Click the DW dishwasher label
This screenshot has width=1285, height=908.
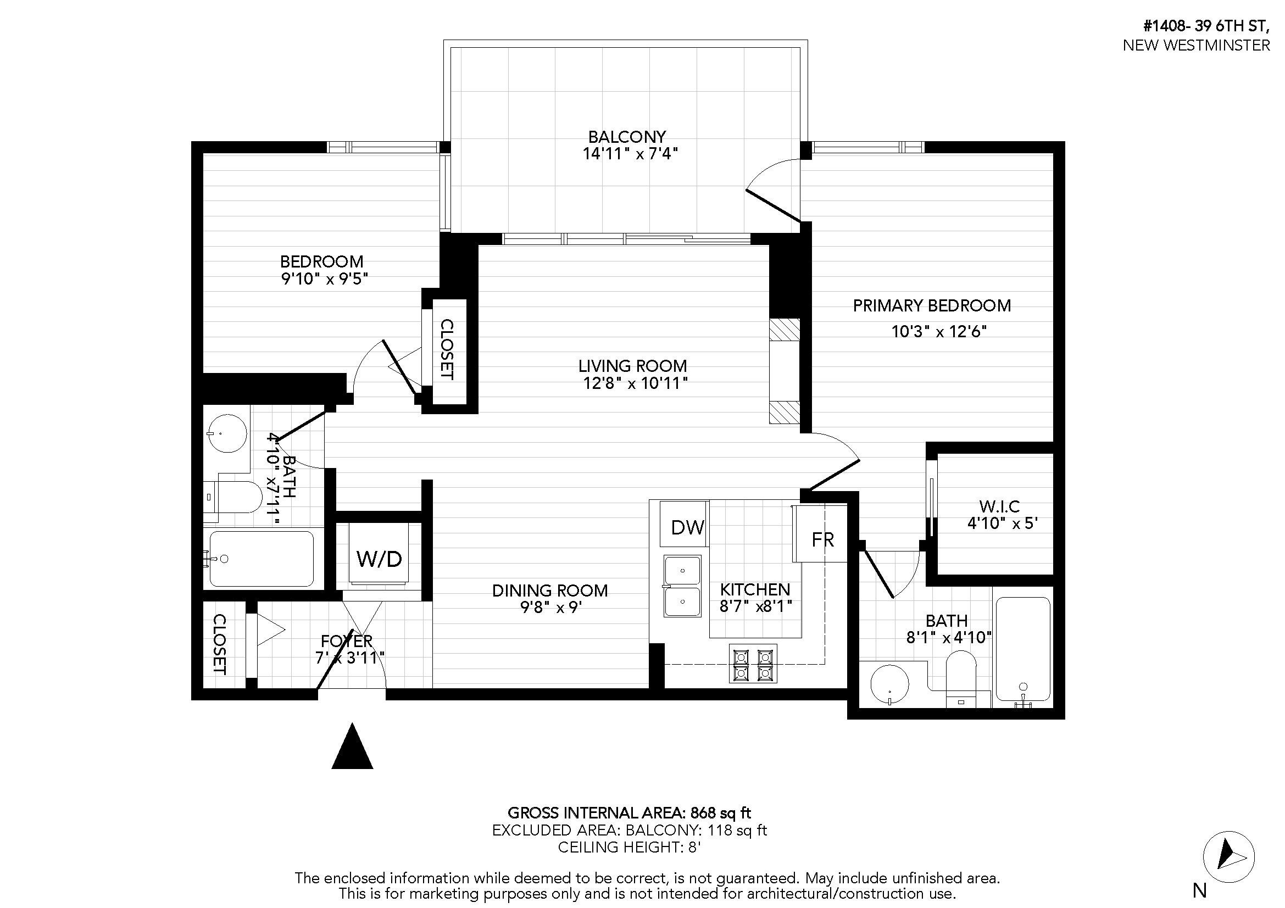[687, 527]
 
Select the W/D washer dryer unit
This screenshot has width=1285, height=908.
[379, 554]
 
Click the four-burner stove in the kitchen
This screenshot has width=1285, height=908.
[753, 664]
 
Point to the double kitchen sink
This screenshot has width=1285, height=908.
[682, 586]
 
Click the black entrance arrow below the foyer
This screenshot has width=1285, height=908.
[352, 746]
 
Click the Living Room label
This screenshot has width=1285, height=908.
[632, 366]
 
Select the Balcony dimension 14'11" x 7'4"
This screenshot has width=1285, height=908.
[630, 154]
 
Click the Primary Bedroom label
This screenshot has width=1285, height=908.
[932, 305]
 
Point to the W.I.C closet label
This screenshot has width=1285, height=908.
[999, 506]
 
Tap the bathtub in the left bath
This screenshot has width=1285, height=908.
[262, 558]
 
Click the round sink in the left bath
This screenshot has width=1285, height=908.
[227, 433]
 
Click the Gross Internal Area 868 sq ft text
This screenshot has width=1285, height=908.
[629, 812]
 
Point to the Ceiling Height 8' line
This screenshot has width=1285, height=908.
[629, 847]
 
